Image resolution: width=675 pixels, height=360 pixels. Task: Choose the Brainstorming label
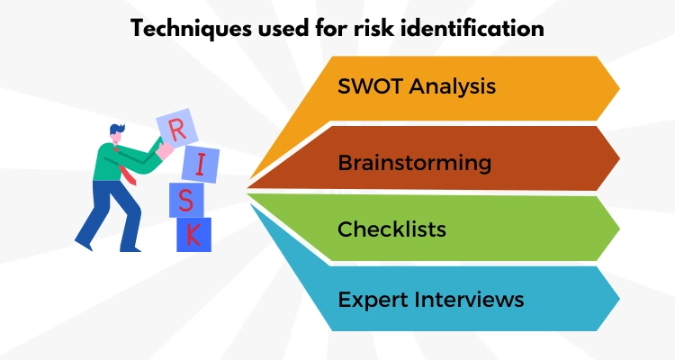click(x=414, y=163)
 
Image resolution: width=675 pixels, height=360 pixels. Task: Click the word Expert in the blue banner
click(x=370, y=298)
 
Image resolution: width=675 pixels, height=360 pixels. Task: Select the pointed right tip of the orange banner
click(x=617, y=88)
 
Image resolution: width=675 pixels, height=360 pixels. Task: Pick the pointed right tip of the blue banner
click(x=617, y=298)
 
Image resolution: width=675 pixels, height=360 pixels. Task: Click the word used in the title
click(x=273, y=28)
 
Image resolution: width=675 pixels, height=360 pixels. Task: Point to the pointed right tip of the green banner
click(x=617, y=229)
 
